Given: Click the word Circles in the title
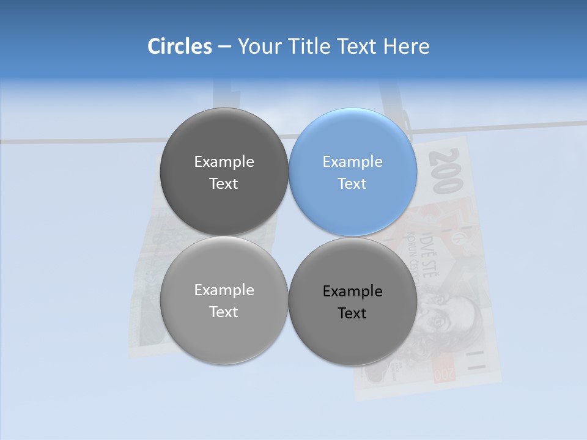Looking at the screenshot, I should point(180,46).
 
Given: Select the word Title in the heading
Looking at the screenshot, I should point(311,46).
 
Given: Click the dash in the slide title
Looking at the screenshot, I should point(224,47).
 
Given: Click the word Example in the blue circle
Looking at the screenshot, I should point(352,162).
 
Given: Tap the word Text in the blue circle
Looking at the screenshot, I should point(352,184).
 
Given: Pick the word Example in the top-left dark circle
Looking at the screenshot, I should point(224,162).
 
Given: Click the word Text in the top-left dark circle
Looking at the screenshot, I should point(224,184).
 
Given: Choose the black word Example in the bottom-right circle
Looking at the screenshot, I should point(352,291).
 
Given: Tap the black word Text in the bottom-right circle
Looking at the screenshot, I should point(352,313).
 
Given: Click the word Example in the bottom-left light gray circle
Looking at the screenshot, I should point(224,290).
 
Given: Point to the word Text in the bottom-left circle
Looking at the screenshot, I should point(224,312).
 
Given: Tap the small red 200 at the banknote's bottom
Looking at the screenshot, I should point(445,373).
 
